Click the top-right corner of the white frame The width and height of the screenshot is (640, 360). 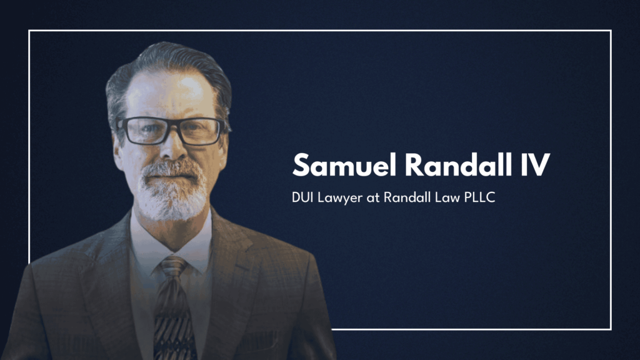coord(611,31)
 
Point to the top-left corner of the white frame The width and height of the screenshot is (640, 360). coord(29,31)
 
